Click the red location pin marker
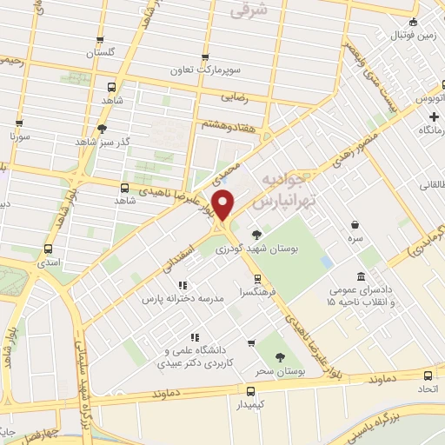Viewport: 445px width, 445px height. pos(224,205)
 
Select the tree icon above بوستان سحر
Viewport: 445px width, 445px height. pos(279,357)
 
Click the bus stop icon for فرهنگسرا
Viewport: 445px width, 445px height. pos(256,280)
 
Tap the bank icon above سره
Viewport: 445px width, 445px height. pos(355,222)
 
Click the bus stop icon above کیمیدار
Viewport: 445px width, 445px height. pos(251,389)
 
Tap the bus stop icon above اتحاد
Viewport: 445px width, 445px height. pos(427,375)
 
